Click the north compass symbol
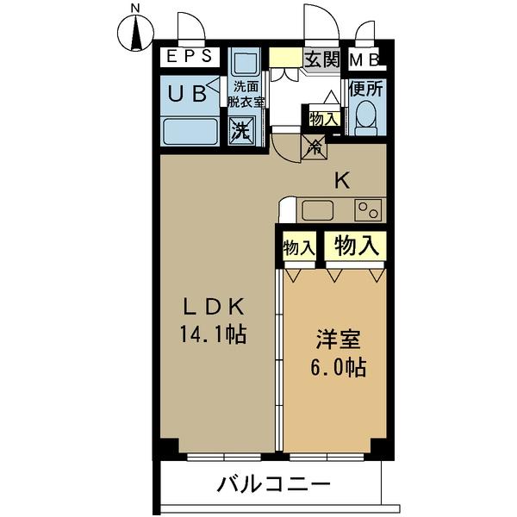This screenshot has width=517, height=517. tap(135, 34)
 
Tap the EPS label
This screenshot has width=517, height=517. tap(189, 56)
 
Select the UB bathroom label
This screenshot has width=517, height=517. tap(187, 94)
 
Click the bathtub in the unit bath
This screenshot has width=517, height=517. tap(190, 132)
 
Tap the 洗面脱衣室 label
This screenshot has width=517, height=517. tap(246, 95)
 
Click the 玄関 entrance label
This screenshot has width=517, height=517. tap(321, 59)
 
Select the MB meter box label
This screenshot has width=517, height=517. tap(364, 60)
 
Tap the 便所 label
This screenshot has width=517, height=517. tap(366, 89)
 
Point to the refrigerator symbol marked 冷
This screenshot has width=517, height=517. tap(315, 147)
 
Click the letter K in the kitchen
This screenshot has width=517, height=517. tap(342, 181)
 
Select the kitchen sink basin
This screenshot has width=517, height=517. tap(317, 210)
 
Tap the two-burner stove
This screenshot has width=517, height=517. tap(368, 210)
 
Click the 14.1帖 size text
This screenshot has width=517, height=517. tap(214, 334)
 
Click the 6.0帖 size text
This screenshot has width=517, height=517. tap(339, 367)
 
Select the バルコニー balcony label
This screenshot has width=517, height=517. tap(274, 484)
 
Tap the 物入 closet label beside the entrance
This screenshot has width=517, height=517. tap(324, 119)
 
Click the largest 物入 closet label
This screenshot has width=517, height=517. tap(355, 246)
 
